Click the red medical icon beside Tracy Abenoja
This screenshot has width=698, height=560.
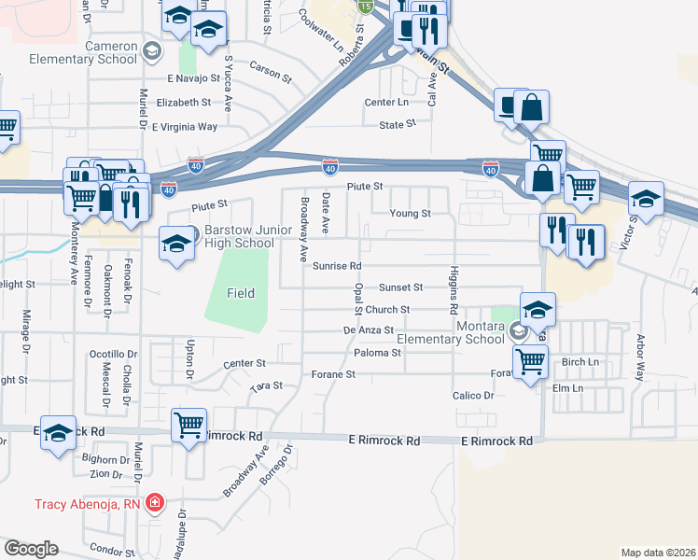(154, 504)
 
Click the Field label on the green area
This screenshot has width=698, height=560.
(241, 293)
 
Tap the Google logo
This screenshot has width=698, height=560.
(31, 549)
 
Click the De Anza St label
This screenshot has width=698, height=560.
(364, 330)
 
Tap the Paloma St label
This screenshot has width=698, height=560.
(378, 353)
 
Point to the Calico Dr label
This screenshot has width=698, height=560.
(474, 396)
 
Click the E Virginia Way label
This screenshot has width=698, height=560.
(185, 126)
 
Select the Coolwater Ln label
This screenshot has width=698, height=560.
(322, 31)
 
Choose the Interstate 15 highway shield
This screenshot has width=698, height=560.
(365, 7)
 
